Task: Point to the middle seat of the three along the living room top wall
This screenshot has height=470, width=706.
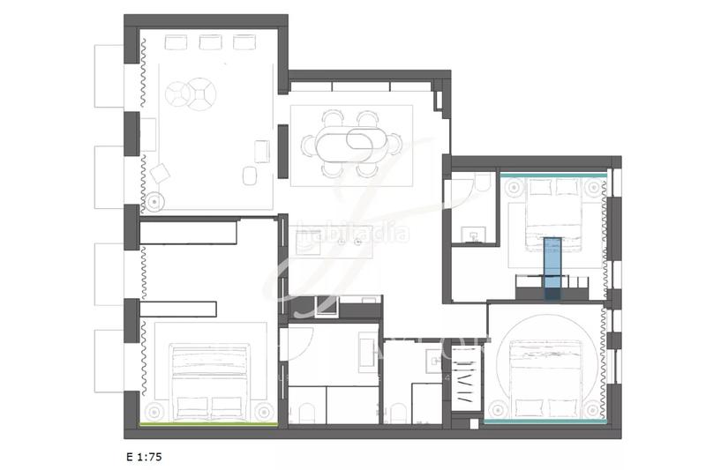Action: [x=209, y=41]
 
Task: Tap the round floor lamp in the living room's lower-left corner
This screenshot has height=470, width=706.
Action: [x=155, y=200]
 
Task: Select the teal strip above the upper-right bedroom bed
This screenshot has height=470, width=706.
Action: [x=552, y=175]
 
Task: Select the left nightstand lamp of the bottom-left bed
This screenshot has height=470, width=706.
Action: [x=155, y=411]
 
